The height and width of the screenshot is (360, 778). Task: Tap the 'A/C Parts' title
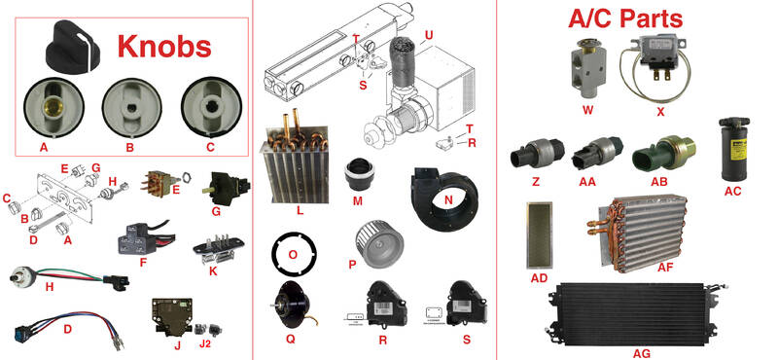coord(625,18)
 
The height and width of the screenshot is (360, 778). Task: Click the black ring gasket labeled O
coord(294,254)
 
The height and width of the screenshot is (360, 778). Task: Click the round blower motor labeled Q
coord(293,306)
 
